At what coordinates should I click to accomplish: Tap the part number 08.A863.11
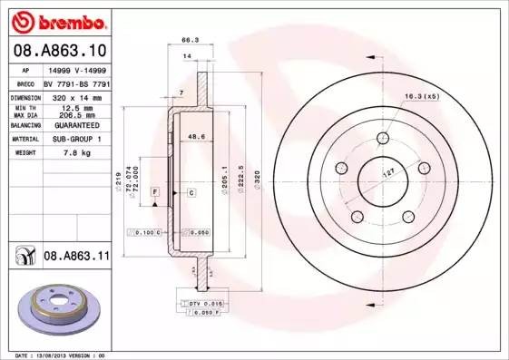(77, 257)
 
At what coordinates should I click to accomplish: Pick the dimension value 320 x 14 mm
(76, 96)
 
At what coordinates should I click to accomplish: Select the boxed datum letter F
(155, 193)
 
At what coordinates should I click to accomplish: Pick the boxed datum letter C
(191, 193)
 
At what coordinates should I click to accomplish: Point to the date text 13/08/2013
(54, 355)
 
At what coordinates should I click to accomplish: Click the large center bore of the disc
(383, 179)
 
